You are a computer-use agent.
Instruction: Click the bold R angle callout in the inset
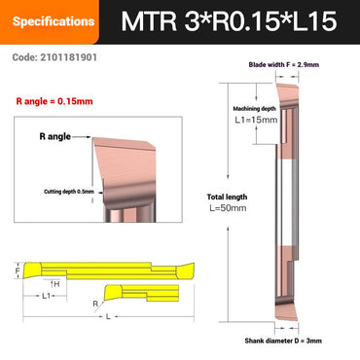click(57, 138)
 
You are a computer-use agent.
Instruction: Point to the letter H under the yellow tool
click(56, 282)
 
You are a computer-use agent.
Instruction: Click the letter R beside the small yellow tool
click(94, 305)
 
